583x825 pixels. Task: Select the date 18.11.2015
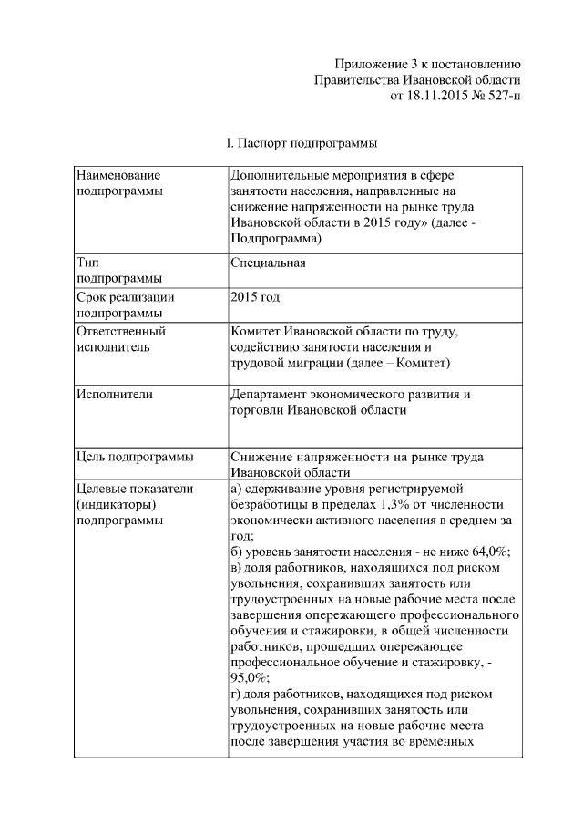(x=435, y=94)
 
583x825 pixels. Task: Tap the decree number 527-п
(x=500, y=94)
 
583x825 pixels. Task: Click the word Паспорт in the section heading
(x=266, y=143)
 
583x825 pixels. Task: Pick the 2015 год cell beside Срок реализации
(x=255, y=297)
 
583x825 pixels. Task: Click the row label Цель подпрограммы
(x=134, y=456)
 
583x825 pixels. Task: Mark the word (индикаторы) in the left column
(x=116, y=504)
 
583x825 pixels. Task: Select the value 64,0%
(x=488, y=552)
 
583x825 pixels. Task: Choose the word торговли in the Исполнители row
(x=261, y=410)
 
